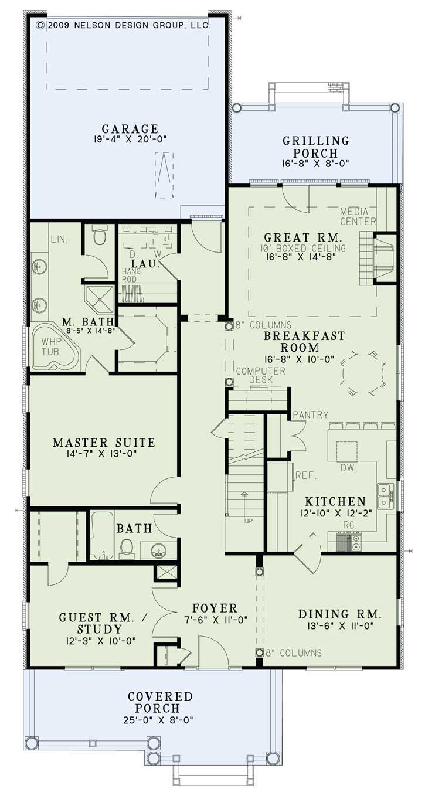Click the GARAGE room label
(130, 128)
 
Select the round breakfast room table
(363, 373)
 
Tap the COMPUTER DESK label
(261, 375)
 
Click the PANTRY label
(311, 414)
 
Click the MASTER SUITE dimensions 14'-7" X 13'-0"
(103, 453)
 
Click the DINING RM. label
(340, 614)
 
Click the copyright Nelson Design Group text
(123, 25)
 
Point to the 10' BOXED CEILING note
(304, 248)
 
